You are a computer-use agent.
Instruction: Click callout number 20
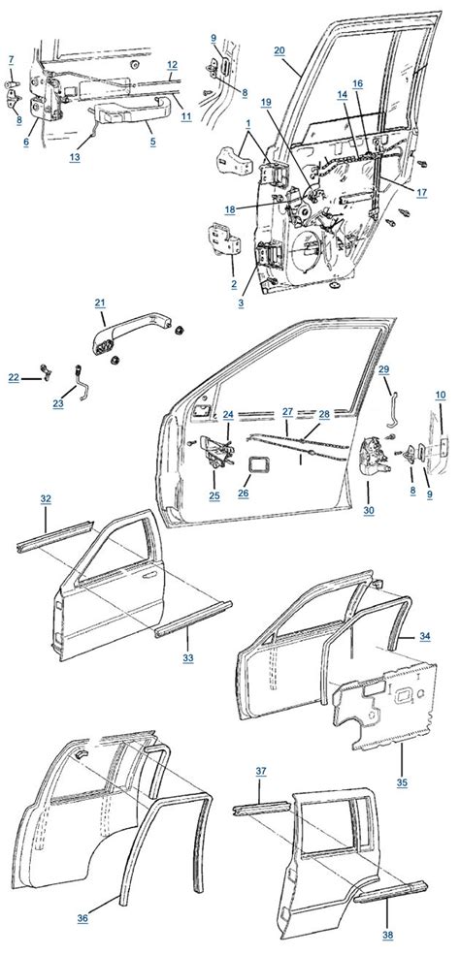[279, 49]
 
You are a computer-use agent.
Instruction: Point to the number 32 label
[46, 497]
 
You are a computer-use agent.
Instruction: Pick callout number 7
[11, 60]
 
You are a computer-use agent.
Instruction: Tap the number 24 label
[226, 415]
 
